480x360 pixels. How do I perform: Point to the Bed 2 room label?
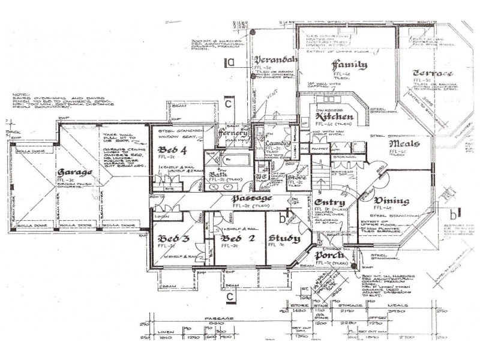tap(232, 238)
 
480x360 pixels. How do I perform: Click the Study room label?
tap(284, 238)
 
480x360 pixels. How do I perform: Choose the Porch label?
tap(329, 256)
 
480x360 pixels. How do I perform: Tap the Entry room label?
tap(329, 203)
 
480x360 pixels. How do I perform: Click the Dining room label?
tap(391, 201)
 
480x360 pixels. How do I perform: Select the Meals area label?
tap(403, 145)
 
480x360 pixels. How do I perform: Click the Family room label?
tap(350, 65)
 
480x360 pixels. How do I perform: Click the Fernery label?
tap(233, 133)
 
